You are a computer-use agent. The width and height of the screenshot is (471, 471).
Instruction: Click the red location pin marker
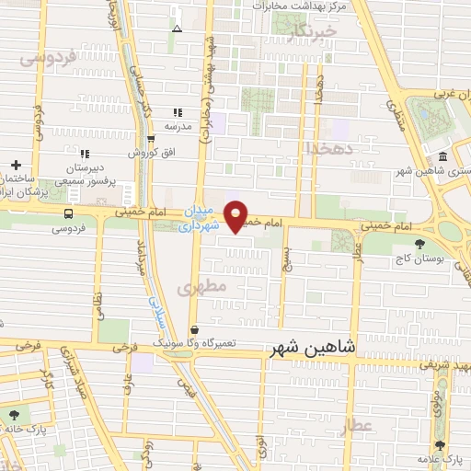click(x=236, y=215)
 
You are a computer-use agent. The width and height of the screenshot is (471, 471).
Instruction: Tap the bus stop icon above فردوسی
click(x=69, y=213)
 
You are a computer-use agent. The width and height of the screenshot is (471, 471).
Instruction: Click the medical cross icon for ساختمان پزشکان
click(x=17, y=164)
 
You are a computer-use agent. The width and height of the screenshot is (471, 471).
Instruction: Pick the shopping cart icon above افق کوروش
click(x=151, y=140)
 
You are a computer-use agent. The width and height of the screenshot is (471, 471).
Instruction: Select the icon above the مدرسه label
click(x=178, y=112)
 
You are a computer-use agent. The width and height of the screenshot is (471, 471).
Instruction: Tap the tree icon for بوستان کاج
click(x=420, y=245)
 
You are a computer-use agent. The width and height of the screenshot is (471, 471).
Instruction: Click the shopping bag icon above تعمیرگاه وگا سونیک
click(x=194, y=330)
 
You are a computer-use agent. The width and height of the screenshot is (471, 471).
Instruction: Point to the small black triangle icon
click(x=177, y=29)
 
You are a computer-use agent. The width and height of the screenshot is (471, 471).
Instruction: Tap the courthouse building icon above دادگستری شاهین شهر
click(x=443, y=155)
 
